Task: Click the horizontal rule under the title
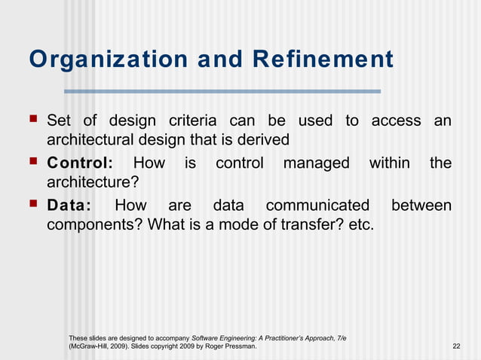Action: pyautogui.click(x=222, y=92)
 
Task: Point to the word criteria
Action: pyautogui.click(x=192, y=121)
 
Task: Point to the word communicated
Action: pyautogui.click(x=317, y=206)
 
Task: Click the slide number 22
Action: pyautogui.click(x=455, y=346)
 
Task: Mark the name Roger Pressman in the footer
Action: pyautogui.click(x=231, y=346)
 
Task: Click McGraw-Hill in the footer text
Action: pyautogui.click(x=90, y=346)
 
